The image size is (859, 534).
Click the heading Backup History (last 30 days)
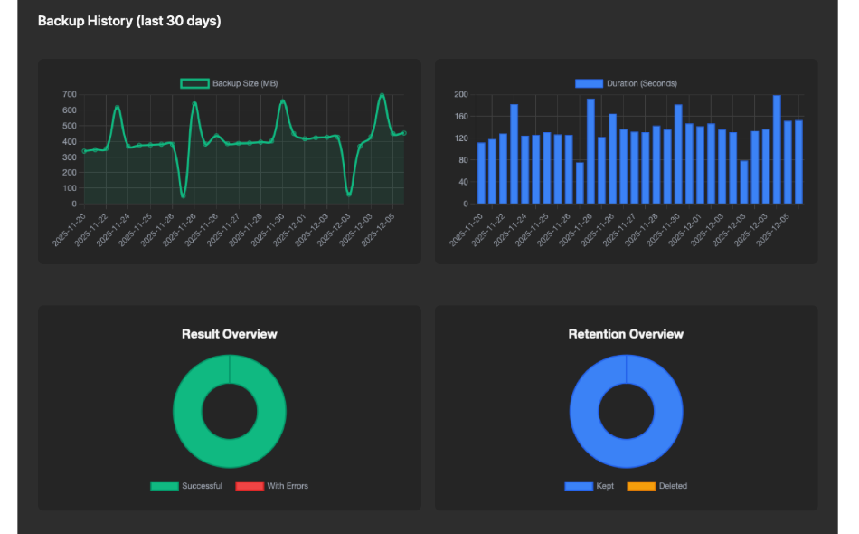[129, 21]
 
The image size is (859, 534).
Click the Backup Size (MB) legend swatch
[194, 84]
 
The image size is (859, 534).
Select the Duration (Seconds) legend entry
[626, 84]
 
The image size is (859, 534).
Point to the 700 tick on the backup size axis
[70, 94]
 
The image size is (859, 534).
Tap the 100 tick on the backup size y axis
[70, 188]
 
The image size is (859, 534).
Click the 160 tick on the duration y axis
[460, 117]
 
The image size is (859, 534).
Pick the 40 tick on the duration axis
[462, 182]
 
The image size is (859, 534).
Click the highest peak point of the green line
[382, 95]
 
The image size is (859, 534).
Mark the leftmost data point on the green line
[84, 151]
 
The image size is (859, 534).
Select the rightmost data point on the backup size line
[404, 133]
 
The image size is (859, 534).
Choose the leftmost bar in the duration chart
[481, 173]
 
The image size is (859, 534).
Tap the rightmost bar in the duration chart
[798, 162]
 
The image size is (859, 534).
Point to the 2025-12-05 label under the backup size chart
[390, 230]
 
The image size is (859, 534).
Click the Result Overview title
[230, 334]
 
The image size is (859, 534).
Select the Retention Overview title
[626, 334]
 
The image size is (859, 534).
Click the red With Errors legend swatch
[249, 486]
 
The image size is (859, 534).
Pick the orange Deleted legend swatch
[640, 486]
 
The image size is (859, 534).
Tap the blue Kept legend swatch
[578, 486]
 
